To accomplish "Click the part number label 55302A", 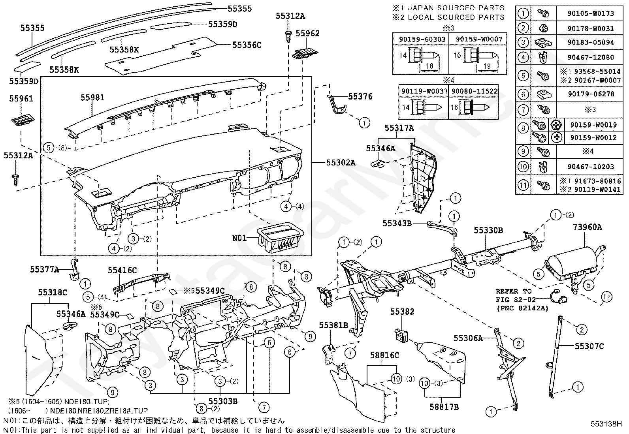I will pyautogui.click(x=341, y=162).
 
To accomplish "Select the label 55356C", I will pyautogui.click(x=247, y=45).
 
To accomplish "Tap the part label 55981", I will pyautogui.click(x=92, y=97).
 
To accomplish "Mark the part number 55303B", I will pyautogui.click(x=223, y=401).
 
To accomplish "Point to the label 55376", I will pyautogui.click(x=360, y=97).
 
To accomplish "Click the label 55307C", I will pyautogui.click(x=589, y=346).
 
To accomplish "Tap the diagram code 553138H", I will pyautogui.click(x=606, y=424).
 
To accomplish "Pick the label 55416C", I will pyautogui.click(x=122, y=271).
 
